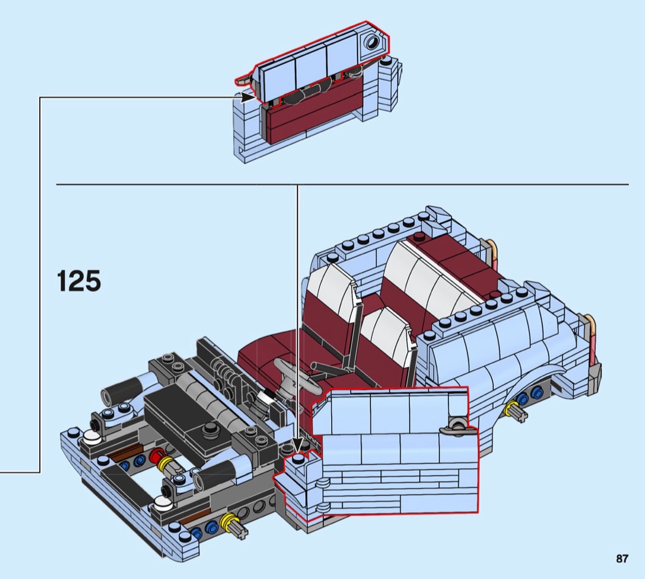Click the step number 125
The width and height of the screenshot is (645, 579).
79,281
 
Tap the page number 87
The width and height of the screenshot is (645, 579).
622,559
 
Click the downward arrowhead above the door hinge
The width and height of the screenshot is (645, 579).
297,445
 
